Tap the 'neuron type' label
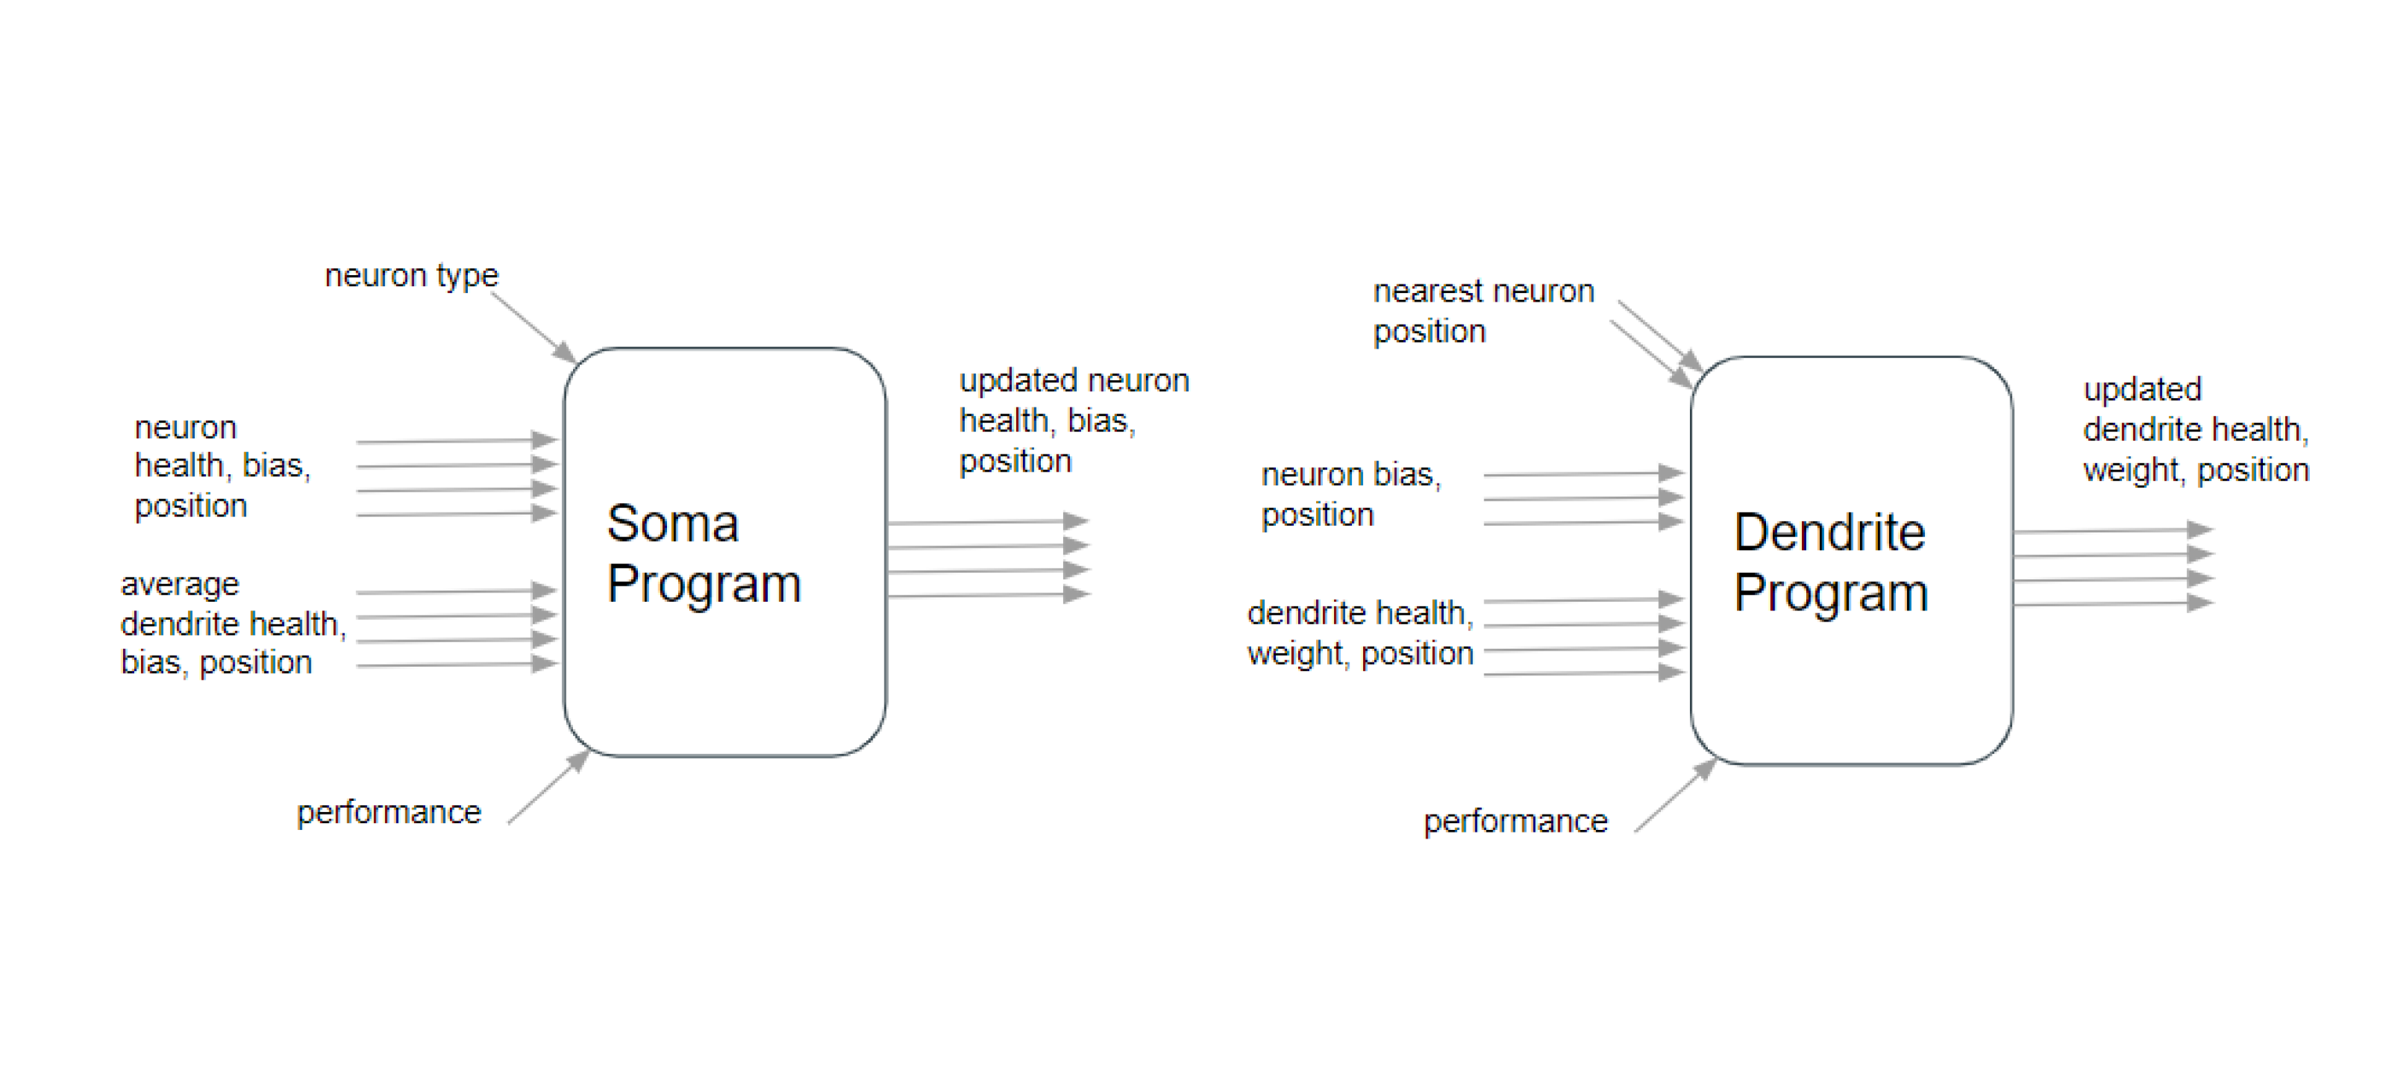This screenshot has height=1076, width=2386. coord(411,275)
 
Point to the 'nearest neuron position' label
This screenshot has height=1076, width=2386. coord(1482,311)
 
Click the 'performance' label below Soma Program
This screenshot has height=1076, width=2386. coord(389,812)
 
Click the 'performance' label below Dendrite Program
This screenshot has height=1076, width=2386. coord(1515,821)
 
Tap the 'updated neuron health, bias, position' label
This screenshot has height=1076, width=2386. coord(1072,420)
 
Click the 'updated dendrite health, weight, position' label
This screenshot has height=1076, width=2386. coord(2195,430)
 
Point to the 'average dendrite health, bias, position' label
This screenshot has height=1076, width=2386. coord(232,623)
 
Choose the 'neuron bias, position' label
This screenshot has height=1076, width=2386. coord(1350,495)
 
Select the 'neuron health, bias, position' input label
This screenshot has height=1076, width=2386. coord(222,466)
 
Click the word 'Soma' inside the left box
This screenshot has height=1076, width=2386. coord(672,524)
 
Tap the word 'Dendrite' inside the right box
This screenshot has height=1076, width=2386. coord(1829,532)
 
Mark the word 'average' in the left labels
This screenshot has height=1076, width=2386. coord(180,585)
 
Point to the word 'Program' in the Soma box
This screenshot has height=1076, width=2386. coord(704,585)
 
